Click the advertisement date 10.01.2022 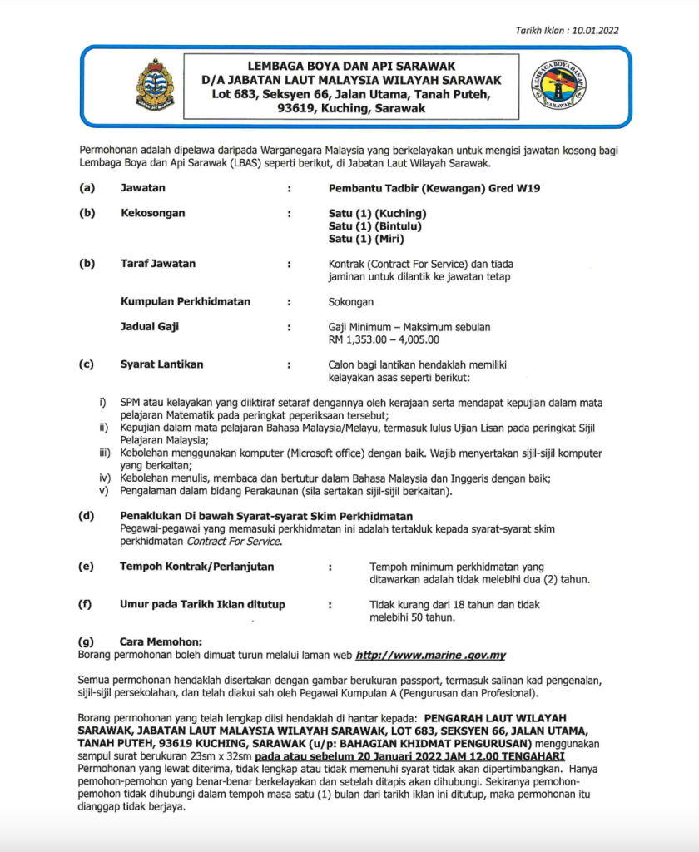point(593,31)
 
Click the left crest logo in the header point(156,86)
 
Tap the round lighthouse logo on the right point(558,86)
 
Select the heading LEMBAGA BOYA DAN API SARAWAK point(352,66)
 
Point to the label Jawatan point(142,188)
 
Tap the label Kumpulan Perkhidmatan point(186,301)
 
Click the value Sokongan point(351,302)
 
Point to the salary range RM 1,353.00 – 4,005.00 point(384,339)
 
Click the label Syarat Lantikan point(161,364)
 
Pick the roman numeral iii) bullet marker point(105,453)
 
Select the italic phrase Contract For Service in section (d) point(233,542)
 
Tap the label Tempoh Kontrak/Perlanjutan point(197,567)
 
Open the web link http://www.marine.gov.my point(430,655)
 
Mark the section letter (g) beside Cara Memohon point(85,641)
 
